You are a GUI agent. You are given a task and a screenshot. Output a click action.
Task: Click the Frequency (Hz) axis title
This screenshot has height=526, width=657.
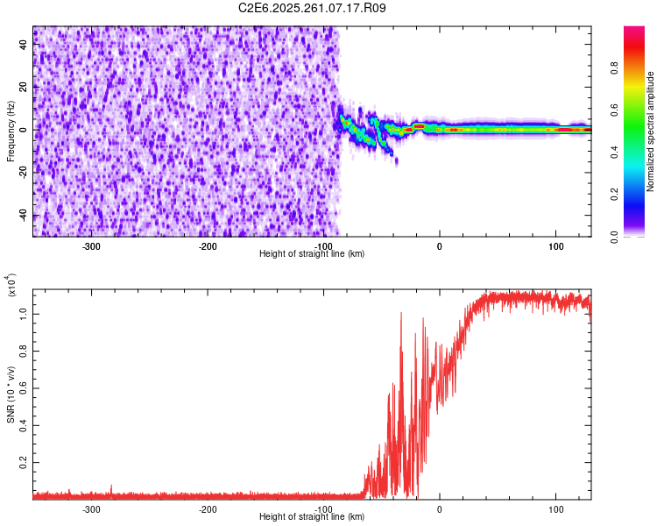(x=11, y=131)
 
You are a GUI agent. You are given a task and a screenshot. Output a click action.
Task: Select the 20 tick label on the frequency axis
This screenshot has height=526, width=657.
(x=24, y=88)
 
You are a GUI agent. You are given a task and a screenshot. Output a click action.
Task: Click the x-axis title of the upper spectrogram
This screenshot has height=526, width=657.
(x=312, y=253)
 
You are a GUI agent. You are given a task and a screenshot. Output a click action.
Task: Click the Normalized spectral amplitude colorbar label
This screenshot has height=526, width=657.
(x=651, y=131)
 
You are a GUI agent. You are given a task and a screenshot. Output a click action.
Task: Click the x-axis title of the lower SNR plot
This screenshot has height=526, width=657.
(x=312, y=516)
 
